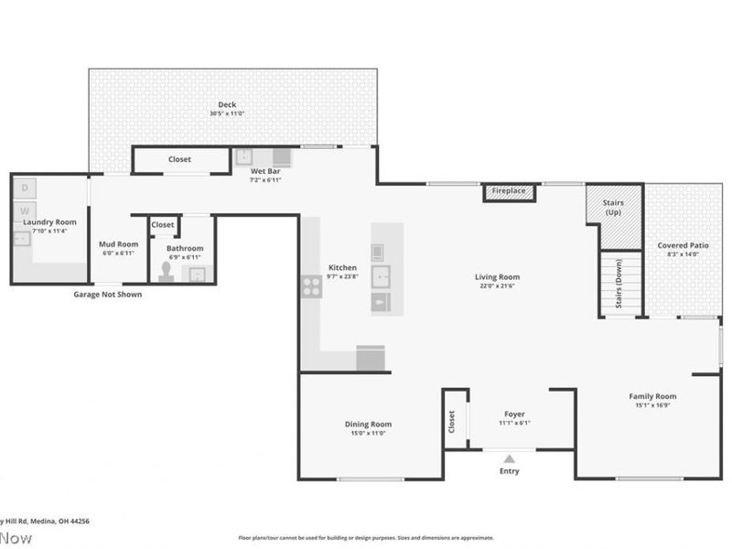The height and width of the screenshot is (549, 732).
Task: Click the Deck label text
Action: (227, 104)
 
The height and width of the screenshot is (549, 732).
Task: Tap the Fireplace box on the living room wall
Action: (509, 191)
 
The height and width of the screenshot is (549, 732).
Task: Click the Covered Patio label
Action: (684, 245)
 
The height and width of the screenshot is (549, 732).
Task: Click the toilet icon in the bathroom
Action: (167, 271)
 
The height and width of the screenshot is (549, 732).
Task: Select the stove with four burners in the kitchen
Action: (311, 285)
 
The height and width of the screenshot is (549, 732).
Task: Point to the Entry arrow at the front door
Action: (510, 458)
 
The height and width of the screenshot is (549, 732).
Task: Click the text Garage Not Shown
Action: (108, 295)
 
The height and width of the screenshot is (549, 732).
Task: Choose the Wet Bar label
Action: (265, 171)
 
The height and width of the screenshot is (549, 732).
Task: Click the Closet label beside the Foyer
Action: (452, 420)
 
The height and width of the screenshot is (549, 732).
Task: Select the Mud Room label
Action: (118, 244)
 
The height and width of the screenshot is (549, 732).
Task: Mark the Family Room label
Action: (652, 396)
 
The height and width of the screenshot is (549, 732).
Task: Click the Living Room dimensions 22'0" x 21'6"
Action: (497, 286)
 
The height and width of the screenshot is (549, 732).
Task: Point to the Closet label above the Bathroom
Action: (163, 224)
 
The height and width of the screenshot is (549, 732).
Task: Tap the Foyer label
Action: (513, 414)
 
